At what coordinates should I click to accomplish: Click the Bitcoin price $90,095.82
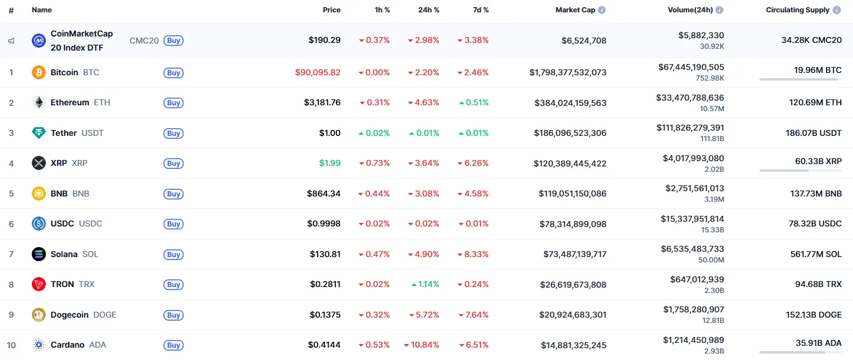point(318,72)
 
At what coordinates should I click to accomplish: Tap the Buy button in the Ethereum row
point(174,103)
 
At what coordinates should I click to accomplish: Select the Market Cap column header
point(575,10)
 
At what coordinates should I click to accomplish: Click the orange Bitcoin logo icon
point(39,72)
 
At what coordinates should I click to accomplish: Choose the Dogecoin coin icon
point(39,315)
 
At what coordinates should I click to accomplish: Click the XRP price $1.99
point(329,163)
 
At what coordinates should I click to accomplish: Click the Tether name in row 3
point(64,133)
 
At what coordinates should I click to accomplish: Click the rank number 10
point(11,345)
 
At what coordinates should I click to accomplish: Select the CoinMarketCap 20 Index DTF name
point(82,41)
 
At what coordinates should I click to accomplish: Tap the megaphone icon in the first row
point(11,41)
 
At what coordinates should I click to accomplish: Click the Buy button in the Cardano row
point(174,345)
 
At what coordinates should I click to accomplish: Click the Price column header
point(331,10)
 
